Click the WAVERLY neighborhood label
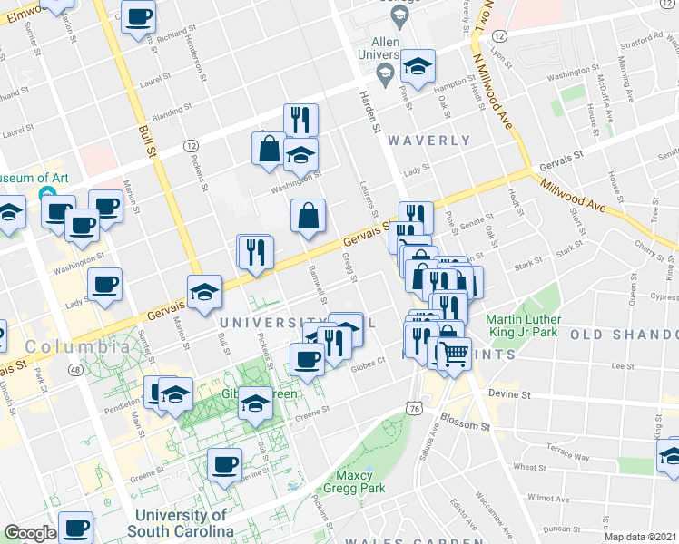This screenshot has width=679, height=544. point(429,141)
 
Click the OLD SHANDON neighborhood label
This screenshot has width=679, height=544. point(624,335)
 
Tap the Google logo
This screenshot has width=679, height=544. point(30,533)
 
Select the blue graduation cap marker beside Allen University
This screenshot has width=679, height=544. point(418,66)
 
